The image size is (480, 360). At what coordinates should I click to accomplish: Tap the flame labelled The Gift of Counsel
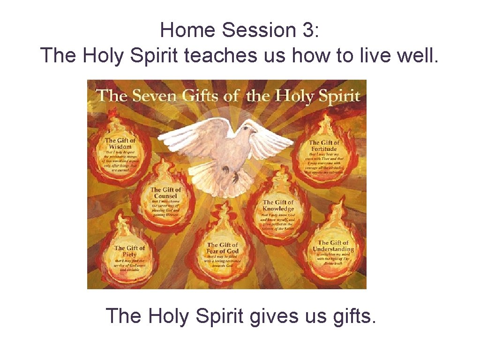165,200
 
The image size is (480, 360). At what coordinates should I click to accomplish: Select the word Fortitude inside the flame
324,149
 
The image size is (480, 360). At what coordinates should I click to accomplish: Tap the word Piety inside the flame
129,255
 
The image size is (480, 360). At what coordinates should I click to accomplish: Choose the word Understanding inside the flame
333,249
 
